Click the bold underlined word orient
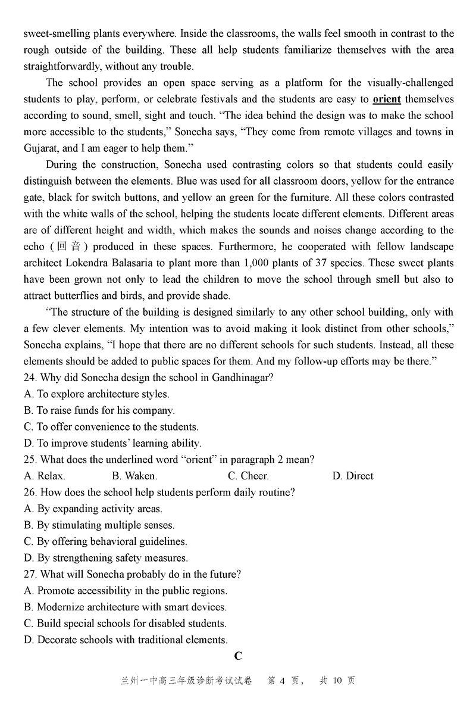click(x=387, y=99)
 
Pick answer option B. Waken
click(x=134, y=476)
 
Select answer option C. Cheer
click(x=248, y=476)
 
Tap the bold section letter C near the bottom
click(x=238, y=657)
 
